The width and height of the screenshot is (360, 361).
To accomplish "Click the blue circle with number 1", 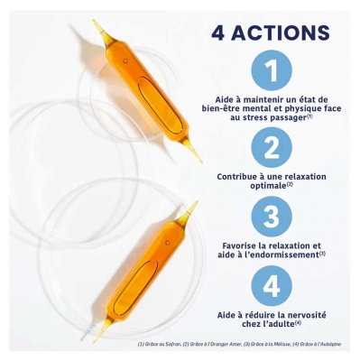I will [x=272, y=70].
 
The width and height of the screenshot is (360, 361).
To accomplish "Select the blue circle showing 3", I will [x=272, y=217].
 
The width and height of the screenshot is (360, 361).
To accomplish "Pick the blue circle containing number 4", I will [x=272, y=287].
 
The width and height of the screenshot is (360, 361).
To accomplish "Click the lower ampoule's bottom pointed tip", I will [x=97, y=338].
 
